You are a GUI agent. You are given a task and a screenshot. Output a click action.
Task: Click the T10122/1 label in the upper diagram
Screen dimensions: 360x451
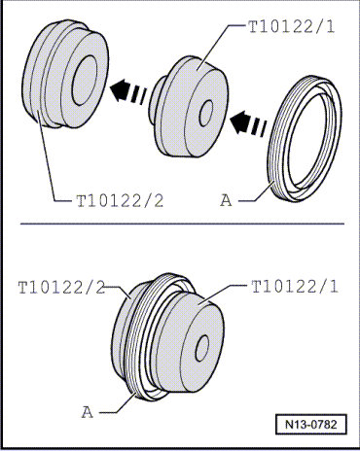pyautogui.click(x=291, y=26)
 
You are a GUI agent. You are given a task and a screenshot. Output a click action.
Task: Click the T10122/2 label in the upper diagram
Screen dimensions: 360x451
pyautogui.click(x=120, y=201)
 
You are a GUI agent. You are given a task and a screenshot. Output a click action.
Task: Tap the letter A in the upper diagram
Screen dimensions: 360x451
pyautogui.click(x=226, y=200)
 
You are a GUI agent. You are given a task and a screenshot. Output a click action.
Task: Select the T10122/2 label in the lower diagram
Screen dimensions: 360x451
pyautogui.click(x=61, y=288)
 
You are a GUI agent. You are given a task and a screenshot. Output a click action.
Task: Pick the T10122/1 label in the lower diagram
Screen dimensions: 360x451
pyautogui.click(x=295, y=287)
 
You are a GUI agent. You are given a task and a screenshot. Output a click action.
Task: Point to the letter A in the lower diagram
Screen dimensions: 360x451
pyautogui.click(x=87, y=412)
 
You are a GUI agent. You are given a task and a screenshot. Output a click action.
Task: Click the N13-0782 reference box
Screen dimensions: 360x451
pyautogui.click(x=311, y=424)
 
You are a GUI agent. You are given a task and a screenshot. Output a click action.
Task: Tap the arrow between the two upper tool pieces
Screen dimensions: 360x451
pyautogui.click(x=128, y=91)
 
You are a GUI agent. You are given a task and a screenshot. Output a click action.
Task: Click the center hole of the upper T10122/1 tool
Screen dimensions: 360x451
pyautogui.click(x=205, y=113)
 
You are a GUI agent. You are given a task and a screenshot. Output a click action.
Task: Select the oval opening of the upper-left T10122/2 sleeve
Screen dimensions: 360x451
pyautogui.click(x=85, y=81)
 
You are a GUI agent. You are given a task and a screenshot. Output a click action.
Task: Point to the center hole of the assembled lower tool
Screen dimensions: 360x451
pyautogui.click(x=202, y=348)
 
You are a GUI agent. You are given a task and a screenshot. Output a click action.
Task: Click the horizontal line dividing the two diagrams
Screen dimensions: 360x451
pyautogui.click(x=182, y=224)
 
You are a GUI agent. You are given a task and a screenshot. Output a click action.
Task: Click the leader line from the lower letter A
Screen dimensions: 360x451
pyautogui.click(x=119, y=403)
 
